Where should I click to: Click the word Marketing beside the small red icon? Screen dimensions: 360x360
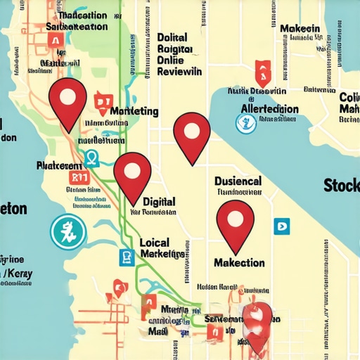coord(134,112)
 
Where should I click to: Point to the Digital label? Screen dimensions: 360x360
coord(159,201)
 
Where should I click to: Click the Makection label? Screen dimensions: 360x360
coord(238,262)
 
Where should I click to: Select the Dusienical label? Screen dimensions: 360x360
coord(238,181)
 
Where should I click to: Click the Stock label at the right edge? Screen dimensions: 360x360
coord(341,186)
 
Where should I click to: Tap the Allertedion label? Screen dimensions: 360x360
coord(269,110)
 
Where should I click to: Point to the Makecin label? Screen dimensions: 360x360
coord(300,29)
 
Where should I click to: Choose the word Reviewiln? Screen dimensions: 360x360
coord(179,72)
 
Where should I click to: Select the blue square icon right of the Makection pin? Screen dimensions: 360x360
coord(282,226)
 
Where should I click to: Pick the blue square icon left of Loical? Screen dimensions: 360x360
coord(127,257)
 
